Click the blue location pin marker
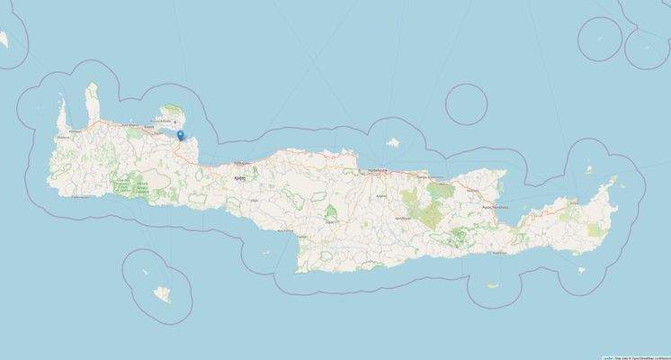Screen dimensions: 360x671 181,136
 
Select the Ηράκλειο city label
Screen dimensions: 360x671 376,168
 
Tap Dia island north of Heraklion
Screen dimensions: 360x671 392,142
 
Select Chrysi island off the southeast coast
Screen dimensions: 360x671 493,286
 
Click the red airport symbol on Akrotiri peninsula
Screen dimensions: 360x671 175,123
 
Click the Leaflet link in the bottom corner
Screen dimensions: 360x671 607,356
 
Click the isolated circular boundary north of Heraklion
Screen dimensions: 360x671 466,103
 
